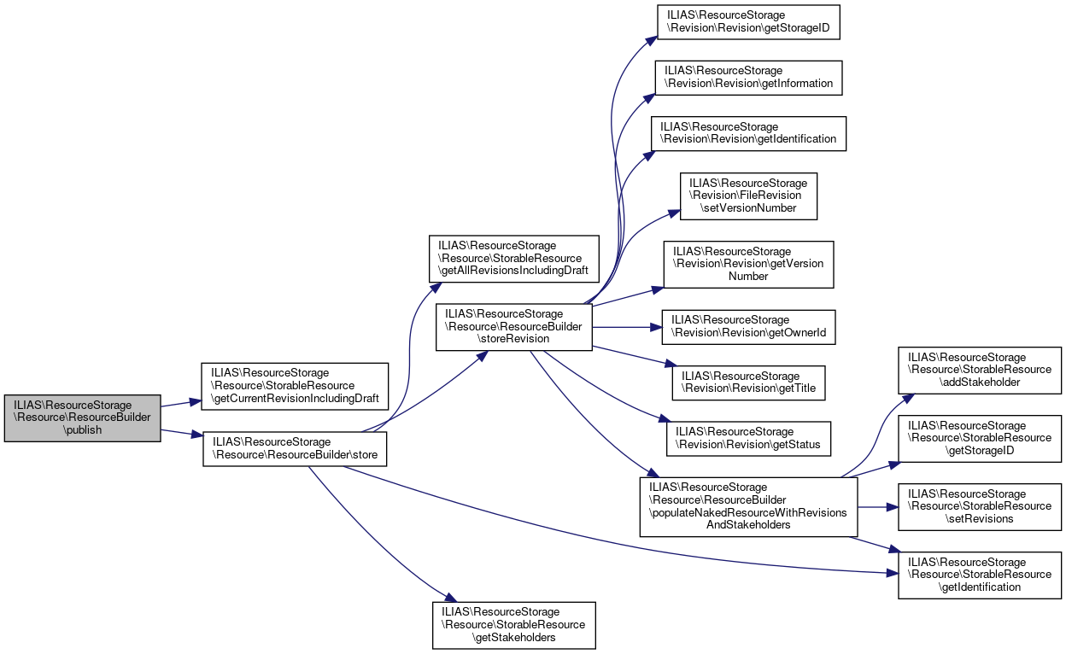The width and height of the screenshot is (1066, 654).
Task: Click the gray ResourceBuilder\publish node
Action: pyautogui.click(x=82, y=418)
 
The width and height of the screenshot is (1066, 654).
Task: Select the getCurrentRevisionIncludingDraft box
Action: pyautogui.click(x=294, y=386)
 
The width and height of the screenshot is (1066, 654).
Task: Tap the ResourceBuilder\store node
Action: pyautogui.click(x=295, y=448)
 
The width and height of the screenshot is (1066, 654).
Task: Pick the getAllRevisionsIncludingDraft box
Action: pyautogui.click(x=515, y=259)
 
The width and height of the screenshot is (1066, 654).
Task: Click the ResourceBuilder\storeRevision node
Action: pyautogui.click(x=513, y=326)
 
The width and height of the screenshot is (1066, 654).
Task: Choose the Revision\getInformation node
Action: pyautogui.click(x=748, y=77)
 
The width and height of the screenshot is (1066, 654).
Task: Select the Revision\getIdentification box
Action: pyautogui.click(x=748, y=133)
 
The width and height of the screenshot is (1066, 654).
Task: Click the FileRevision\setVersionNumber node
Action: pyautogui.click(x=748, y=196)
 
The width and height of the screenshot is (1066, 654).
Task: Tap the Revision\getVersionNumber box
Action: pyautogui.click(x=748, y=264)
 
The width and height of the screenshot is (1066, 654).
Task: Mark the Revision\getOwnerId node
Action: pyautogui.click(x=748, y=327)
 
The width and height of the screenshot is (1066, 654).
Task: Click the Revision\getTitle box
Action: pyautogui.click(x=749, y=382)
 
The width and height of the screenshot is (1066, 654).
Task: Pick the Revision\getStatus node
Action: pyautogui.click(x=748, y=438)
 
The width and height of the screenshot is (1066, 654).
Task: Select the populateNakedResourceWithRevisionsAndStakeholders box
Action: pyautogui.click(x=748, y=506)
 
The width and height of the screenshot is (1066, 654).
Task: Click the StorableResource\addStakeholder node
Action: pyautogui.click(x=979, y=370)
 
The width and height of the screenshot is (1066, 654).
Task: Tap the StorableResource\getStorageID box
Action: pyautogui.click(x=979, y=438)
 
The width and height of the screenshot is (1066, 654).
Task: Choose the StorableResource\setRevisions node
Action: pyautogui.click(x=979, y=506)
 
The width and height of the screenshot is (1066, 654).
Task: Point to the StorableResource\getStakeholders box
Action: pyautogui.click(x=513, y=625)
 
